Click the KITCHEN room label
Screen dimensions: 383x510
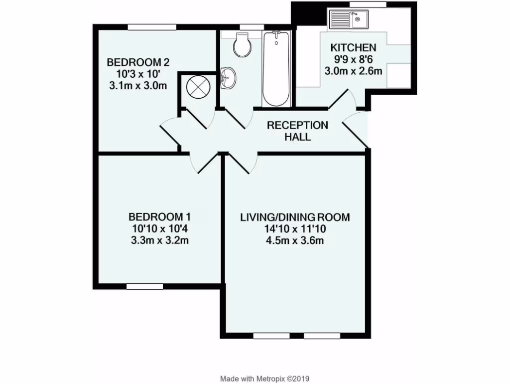(353, 48)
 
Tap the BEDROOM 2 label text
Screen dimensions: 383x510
(138, 63)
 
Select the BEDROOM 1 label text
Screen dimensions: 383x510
(159, 217)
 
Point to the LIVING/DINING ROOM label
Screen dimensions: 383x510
(295, 217)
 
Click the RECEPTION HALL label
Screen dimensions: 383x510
(297, 131)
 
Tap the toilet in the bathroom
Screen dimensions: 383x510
(243, 45)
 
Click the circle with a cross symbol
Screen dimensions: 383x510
(195, 87)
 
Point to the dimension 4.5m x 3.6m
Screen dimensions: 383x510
(295, 241)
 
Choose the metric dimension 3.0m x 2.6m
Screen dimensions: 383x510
(353, 71)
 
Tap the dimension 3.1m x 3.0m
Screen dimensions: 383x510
(138, 86)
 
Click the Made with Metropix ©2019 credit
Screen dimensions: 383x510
(265, 379)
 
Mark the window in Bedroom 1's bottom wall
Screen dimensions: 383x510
(144, 286)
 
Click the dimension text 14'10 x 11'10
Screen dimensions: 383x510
(295, 229)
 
